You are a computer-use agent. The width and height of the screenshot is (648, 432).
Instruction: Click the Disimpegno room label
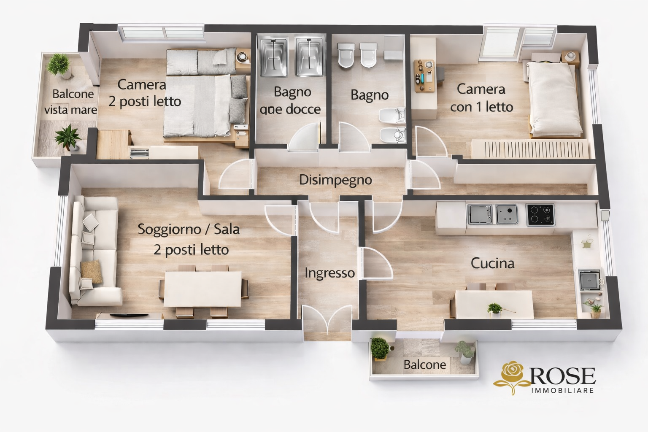click(x=335, y=180)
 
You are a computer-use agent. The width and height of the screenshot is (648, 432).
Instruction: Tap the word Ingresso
click(x=329, y=273)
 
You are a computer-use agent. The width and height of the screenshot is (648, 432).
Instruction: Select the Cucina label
click(x=492, y=264)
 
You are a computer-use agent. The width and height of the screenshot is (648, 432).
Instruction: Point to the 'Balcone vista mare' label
click(x=71, y=102)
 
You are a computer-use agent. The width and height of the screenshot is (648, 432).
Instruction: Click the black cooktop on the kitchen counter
click(x=540, y=214)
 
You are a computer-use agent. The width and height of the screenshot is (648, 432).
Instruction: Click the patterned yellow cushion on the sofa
click(x=91, y=271)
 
